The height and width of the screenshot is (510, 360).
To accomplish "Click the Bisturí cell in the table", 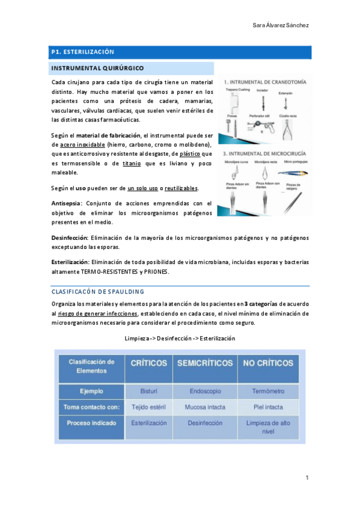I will pos(148,391).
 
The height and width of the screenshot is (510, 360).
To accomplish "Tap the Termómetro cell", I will pos(269,391).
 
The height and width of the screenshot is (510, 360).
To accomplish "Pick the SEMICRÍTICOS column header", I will pos(204,363).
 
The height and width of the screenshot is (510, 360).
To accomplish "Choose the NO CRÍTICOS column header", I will pos(269,363).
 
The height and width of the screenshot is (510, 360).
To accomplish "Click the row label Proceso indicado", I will pos(91,423).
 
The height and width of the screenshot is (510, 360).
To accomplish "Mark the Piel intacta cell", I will pos(269,407).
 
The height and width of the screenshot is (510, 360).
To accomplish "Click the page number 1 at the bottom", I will pos(307,478).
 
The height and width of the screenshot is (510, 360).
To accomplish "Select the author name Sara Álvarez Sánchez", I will pos(281,25).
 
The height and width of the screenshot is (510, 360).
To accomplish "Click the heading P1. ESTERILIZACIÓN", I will pos(82,52).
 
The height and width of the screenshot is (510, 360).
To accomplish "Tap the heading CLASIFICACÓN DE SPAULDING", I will pos(97,292).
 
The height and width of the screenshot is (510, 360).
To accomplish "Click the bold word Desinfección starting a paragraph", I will pos(70,238).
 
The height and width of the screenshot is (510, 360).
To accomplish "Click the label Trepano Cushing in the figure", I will pos(237,90).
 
